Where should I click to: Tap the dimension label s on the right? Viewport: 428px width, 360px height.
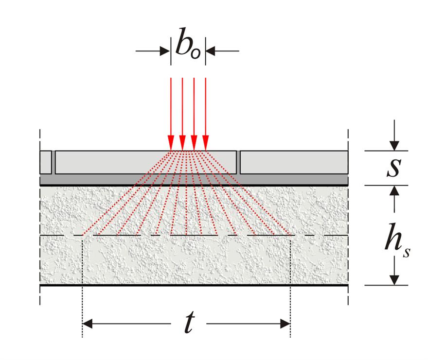pyautogui.click(x=393, y=168)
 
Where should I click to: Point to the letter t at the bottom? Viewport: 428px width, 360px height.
pyautogui.click(x=188, y=325)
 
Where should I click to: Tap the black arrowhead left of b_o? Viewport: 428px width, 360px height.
pyautogui.click(x=165, y=51)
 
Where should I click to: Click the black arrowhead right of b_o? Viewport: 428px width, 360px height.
pyautogui.click(x=211, y=51)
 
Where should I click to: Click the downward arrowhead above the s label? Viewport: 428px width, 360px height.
pyautogui.click(x=394, y=145)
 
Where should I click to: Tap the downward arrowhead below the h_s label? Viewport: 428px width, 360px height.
pyautogui.click(x=394, y=279)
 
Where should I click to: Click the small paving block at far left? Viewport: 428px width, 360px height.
pyautogui.click(x=45, y=162)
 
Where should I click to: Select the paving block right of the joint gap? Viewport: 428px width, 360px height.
pyautogui.click(x=294, y=162)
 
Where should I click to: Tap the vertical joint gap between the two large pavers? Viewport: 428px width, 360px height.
pyautogui.click(x=238, y=162)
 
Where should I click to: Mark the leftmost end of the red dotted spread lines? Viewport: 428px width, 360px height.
pyautogui.click(x=83, y=235)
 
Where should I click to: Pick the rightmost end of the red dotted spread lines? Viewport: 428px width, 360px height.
pyautogui.click(x=290, y=235)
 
